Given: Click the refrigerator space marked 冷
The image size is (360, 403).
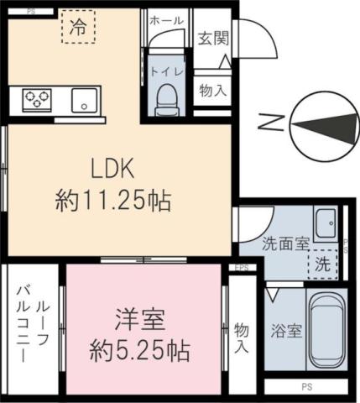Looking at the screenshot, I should (x=78, y=27).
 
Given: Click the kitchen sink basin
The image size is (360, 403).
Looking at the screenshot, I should (x=84, y=100).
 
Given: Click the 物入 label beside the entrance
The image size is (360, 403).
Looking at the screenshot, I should (x=211, y=90).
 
